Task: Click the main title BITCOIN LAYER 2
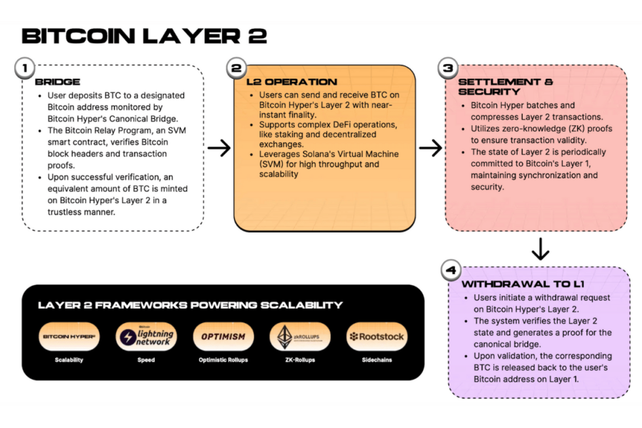[x=144, y=35]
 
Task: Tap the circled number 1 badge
[x=24, y=68]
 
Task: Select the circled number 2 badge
[x=236, y=68]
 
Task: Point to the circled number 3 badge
[x=448, y=68]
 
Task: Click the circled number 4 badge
[x=451, y=270]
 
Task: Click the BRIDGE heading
[x=58, y=82]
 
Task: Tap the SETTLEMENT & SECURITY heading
[x=505, y=87]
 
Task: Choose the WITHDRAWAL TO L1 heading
[x=523, y=284]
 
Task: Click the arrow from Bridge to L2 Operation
[x=219, y=148]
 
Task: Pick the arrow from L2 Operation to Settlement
[x=430, y=148]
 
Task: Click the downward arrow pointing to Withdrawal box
[x=540, y=248]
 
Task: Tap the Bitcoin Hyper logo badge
[x=69, y=337]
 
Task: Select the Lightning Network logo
[x=145, y=337]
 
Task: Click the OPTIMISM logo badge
[x=223, y=337]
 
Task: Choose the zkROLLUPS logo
[x=299, y=337]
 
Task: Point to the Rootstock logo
[x=377, y=337]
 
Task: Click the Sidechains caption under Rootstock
[x=377, y=360]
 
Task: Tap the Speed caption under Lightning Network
[x=145, y=360]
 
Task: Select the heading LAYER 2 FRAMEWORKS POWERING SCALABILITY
[x=190, y=305]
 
